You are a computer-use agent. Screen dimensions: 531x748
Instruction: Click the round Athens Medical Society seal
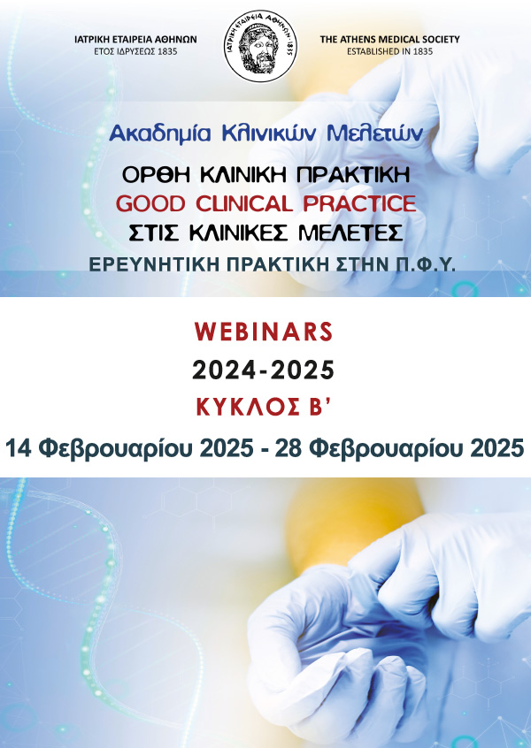pos(260,46)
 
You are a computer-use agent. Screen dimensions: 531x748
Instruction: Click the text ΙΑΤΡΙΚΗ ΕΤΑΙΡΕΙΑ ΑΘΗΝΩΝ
pos(135,40)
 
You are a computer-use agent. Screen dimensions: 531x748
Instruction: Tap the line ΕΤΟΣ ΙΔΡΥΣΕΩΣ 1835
pos(135,51)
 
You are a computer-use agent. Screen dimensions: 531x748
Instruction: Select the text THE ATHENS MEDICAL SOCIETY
pos(389,40)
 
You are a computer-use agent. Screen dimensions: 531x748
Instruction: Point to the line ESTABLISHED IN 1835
pos(389,51)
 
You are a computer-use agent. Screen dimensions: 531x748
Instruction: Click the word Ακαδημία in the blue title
pos(160,134)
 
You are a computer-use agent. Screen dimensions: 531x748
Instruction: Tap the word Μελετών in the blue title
pos(375,134)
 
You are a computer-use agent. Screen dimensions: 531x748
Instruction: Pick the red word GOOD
pos(150,204)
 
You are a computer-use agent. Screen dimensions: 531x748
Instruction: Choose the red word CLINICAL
pos(244,204)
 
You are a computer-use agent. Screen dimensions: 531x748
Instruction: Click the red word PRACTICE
pos(359,204)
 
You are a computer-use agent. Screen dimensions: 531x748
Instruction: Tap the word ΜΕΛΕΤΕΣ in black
pos(350,233)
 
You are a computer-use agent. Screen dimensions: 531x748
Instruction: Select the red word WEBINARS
pos(264,332)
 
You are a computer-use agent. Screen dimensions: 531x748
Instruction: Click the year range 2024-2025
pos(263,370)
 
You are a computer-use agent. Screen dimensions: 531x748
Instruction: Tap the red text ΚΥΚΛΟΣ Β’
pos(264,407)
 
